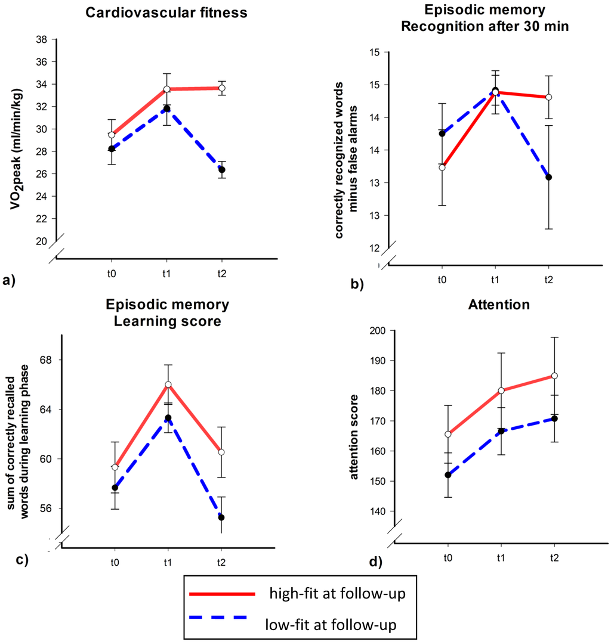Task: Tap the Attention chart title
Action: [x=501, y=305]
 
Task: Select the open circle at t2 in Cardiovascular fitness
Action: [x=222, y=88]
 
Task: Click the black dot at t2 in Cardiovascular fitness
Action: [x=222, y=170]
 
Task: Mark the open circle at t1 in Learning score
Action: [x=168, y=384]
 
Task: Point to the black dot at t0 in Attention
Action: [x=448, y=475]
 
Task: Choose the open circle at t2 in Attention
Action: [x=554, y=376]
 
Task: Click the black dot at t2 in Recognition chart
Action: [x=548, y=177]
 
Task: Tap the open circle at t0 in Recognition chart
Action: [x=442, y=168]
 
